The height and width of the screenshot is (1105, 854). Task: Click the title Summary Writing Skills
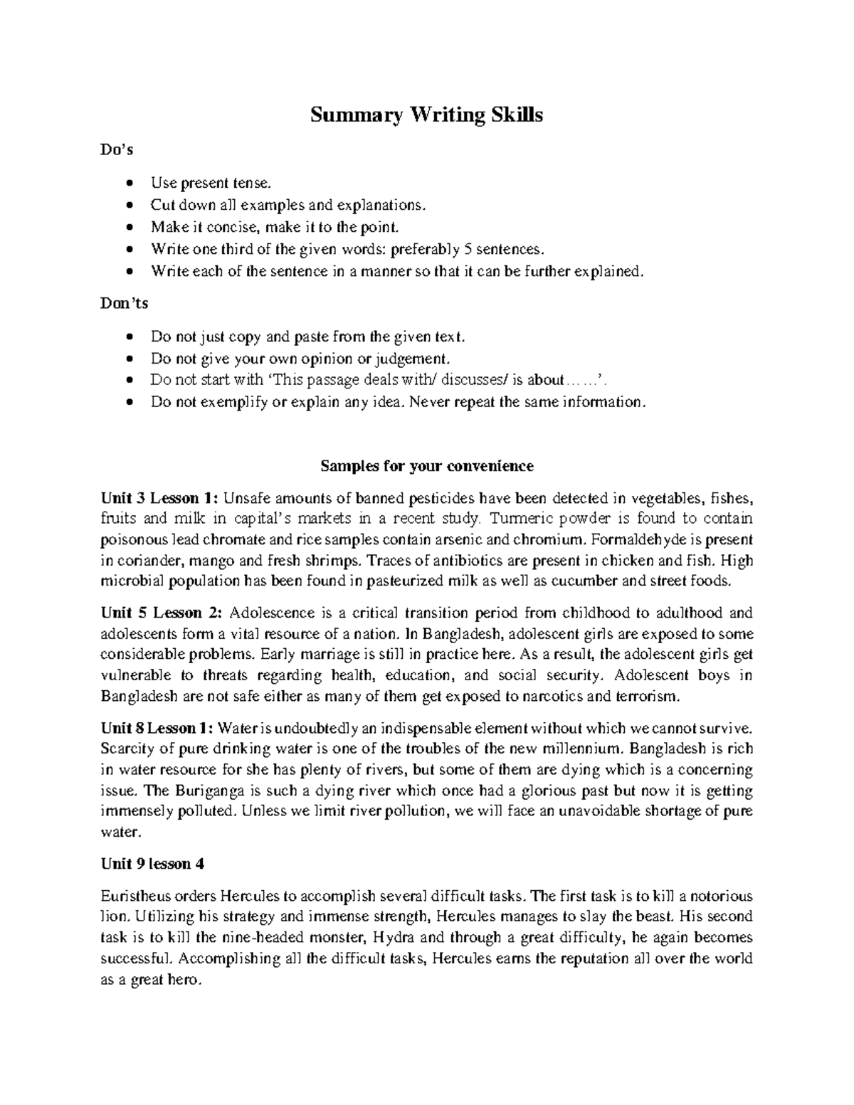click(x=426, y=115)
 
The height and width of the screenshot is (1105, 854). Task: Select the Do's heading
click(x=117, y=150)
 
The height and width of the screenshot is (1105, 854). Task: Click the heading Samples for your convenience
click(x=426, y=466)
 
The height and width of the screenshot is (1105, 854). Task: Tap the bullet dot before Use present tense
click(x=128, y=184)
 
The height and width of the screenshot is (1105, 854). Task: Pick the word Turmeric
click(x=507, y=518)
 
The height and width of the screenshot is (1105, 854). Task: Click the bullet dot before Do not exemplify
click(x=128, y=402)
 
